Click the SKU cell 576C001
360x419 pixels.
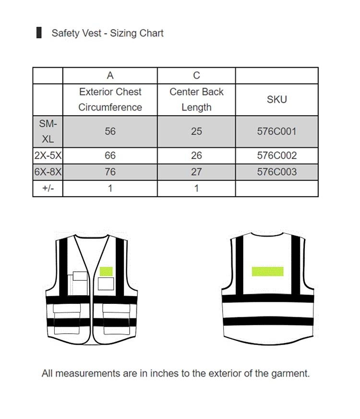click(276, 131)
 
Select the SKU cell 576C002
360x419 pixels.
click(276, 156)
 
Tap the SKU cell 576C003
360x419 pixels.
click(276, 172)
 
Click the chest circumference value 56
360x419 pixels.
click(110, 131)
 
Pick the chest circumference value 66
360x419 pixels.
click(110, 156)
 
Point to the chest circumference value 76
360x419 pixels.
click(110, 172)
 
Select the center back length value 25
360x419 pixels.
click(196, 131)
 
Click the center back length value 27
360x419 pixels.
click(196, 172)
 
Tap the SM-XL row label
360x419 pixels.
click(48, 131)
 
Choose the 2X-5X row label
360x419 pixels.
click(48, 156)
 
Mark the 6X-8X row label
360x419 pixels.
click(48, 172)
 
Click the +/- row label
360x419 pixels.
click(48, 188)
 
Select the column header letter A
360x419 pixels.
click(110, 75)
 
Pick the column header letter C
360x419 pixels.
click(196, 75)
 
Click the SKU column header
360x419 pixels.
click(276, 99)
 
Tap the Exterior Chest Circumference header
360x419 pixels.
click(110, 99)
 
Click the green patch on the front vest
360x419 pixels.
click(106, 271)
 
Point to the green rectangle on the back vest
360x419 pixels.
click(267, 271)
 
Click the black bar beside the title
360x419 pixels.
click(39, 33)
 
